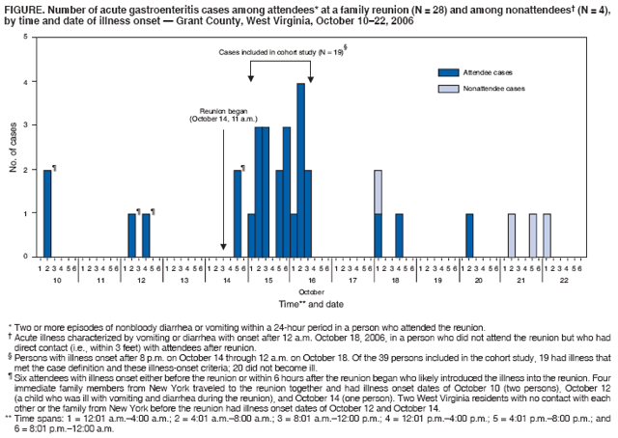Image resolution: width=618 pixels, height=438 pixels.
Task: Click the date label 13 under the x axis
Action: (x=184, y=278)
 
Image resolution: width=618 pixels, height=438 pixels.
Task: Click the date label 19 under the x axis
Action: (x=437, y=278)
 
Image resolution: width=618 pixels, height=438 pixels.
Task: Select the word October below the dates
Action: (x=310, y=290)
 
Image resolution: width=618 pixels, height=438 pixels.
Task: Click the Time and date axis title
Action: (x=310, y=303)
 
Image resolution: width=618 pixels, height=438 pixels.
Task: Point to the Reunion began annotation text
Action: (x=222, y=115)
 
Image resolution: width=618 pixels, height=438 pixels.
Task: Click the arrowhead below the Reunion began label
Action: (x=224, y=248)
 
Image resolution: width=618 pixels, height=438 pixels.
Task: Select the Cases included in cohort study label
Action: (x=280, y=50)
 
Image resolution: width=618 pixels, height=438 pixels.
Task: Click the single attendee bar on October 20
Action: (x=469, y=234)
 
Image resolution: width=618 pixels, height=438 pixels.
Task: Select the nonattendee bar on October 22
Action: (x=547, y=234)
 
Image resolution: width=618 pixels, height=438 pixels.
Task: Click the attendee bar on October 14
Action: (x=238, y=212)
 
